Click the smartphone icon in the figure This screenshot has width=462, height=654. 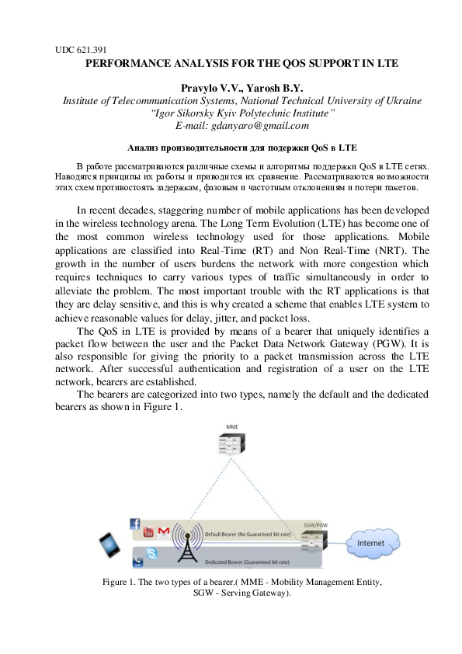click(x=109, y=545)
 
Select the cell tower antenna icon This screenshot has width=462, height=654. click(x=186, y=542)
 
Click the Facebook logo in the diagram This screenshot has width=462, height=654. click(x=134, y=524)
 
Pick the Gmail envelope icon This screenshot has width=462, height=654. click(x=163, y=531)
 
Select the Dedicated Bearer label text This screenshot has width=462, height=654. click(x=246, y=561)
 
